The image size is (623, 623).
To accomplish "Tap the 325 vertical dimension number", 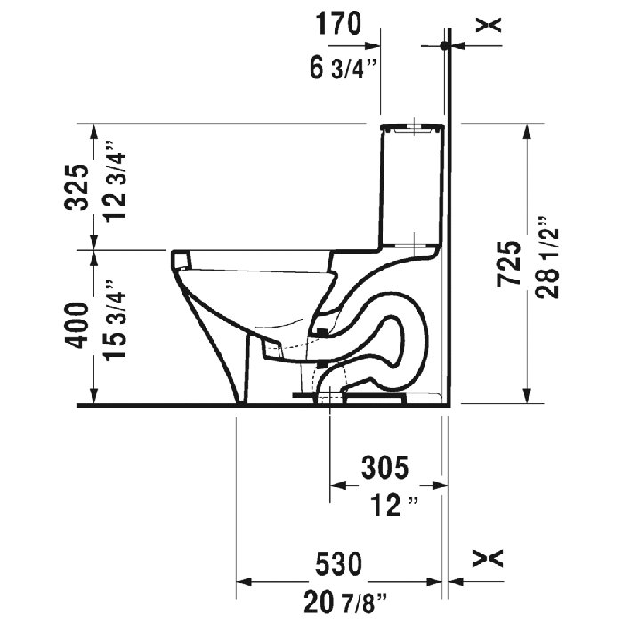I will [x=80, y=187].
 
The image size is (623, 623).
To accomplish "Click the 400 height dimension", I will [x=80, y=326].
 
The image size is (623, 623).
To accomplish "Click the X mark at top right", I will [x=488, y=24].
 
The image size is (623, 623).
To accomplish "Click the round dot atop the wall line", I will [x=444, y=44].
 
